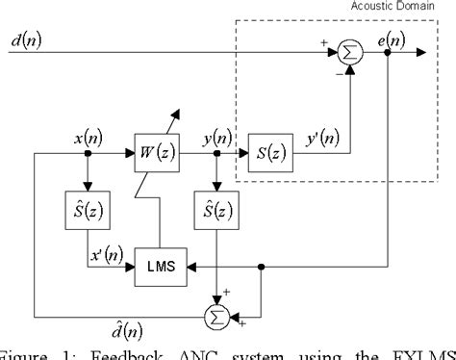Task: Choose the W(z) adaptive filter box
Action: (x=160, y=152)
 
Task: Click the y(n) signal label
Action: (x=216, y=135)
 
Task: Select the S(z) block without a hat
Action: (x=270, y=152)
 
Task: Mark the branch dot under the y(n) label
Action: (x=217, y=152)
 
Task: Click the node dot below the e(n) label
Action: (x=388, y=54)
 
